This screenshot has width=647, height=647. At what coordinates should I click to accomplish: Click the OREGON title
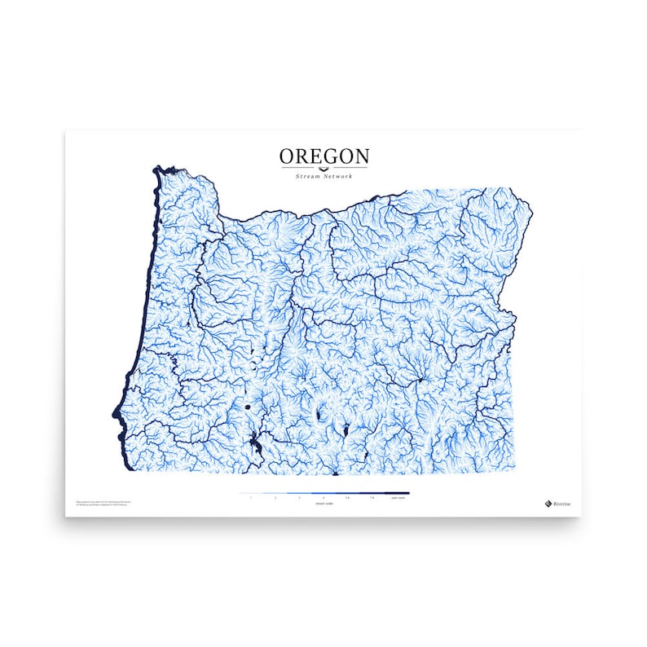click(323, 156)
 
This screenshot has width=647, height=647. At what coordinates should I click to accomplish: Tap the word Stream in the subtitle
click(306, 177)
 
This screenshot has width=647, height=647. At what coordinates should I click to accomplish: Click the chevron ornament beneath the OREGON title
click(323, 169)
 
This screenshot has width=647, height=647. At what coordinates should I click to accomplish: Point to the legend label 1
click(252, 498)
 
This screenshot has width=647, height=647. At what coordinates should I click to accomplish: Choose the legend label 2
click(275, 498)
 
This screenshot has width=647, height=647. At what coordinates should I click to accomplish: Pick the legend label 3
click(300, 498)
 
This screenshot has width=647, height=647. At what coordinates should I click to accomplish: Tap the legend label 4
click(323, 498)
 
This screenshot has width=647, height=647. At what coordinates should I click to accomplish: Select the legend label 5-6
click(348, 498)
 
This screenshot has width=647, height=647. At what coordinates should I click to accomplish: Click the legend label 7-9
click(372, 498)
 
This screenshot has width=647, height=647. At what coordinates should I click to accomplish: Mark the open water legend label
click(397, 498)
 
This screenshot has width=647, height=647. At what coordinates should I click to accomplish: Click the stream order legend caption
click(323, 504)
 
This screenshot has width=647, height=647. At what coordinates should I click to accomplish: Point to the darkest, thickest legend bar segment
click(397, 493)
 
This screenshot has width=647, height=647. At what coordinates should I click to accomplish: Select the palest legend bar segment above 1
click(252, 493)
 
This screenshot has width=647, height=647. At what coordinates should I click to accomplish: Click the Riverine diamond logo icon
click(548, 503)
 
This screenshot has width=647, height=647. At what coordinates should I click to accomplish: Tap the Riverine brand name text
click(562, 503)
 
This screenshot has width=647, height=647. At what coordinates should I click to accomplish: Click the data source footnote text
click(103, 503)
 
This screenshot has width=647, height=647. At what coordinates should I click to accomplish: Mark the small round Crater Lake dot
click(245, 405)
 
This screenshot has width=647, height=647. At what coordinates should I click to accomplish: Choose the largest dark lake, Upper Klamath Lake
click(256, 444)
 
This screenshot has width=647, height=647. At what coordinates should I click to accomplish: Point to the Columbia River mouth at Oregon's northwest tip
click(161, 170)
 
